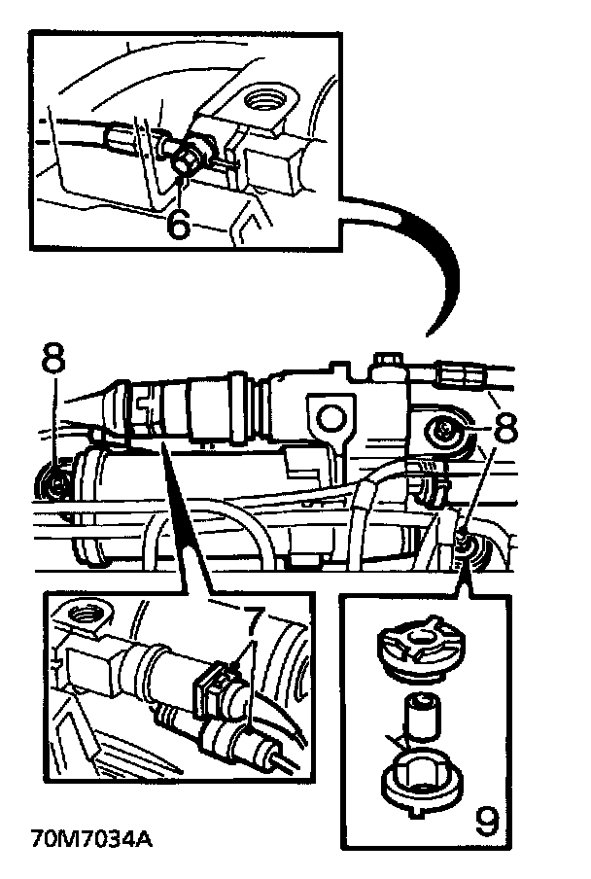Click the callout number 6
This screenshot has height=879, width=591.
point(177,223)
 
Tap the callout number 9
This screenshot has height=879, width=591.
point(485,821)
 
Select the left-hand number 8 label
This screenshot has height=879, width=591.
point(53,359)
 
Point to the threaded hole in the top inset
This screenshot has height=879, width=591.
point(264,98)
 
